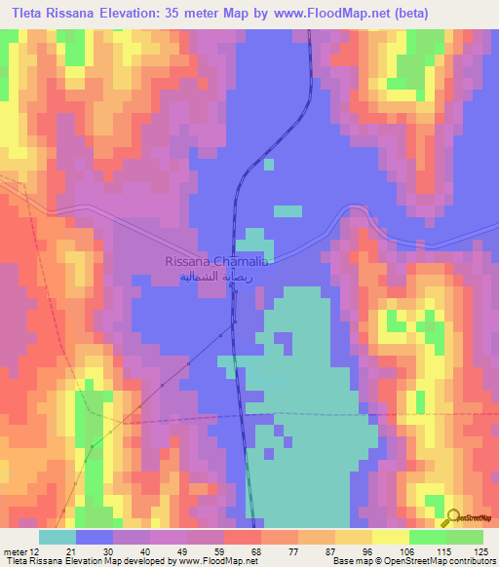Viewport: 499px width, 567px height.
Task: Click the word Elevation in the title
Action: click(x=130, y=13)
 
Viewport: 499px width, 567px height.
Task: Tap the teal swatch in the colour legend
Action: click(x=58, y=537)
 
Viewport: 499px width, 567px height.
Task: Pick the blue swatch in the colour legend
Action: click(x=95, y=537)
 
